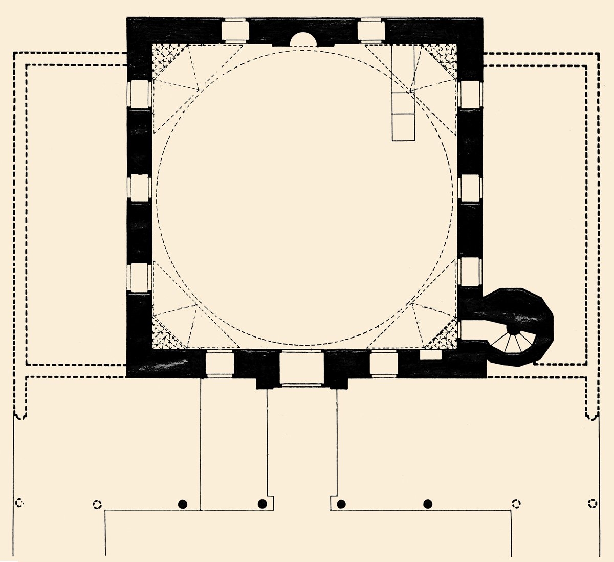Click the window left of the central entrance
[x=220, y=364]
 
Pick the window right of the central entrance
[x=384, y=364]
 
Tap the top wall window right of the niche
[x=371, y=31]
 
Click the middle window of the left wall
[x=139, y=188]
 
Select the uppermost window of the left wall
[x=139, y=95]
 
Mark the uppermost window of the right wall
[x=470, y=95]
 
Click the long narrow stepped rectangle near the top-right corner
[x=403, y=92]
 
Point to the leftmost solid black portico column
[x=181, y=504]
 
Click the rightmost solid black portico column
[x=428, y=504]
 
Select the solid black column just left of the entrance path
[x=262, y=504]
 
